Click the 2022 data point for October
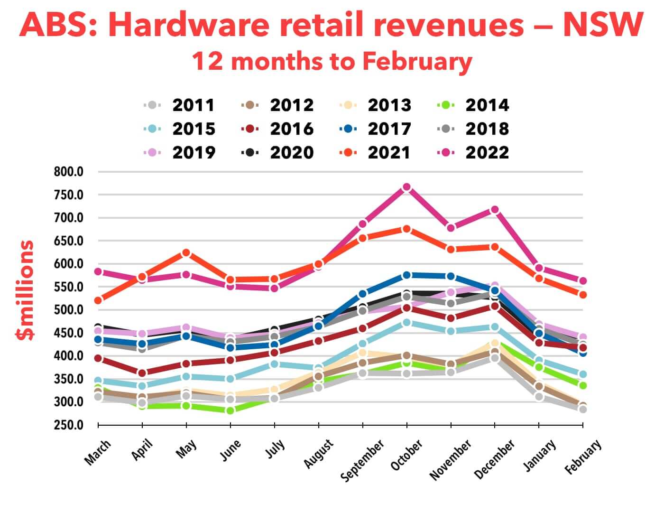point(406,187)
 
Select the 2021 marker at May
point(186,253)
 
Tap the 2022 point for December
point(495,210)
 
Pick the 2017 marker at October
point(406,275)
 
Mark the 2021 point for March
point(98,300)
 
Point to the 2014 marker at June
point(231,410)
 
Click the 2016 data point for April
point(142,373)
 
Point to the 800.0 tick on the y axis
point(69,172)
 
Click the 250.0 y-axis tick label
point(69,425)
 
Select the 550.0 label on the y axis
point(69,287)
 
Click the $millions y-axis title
point(25,290)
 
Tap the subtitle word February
point(417,62)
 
